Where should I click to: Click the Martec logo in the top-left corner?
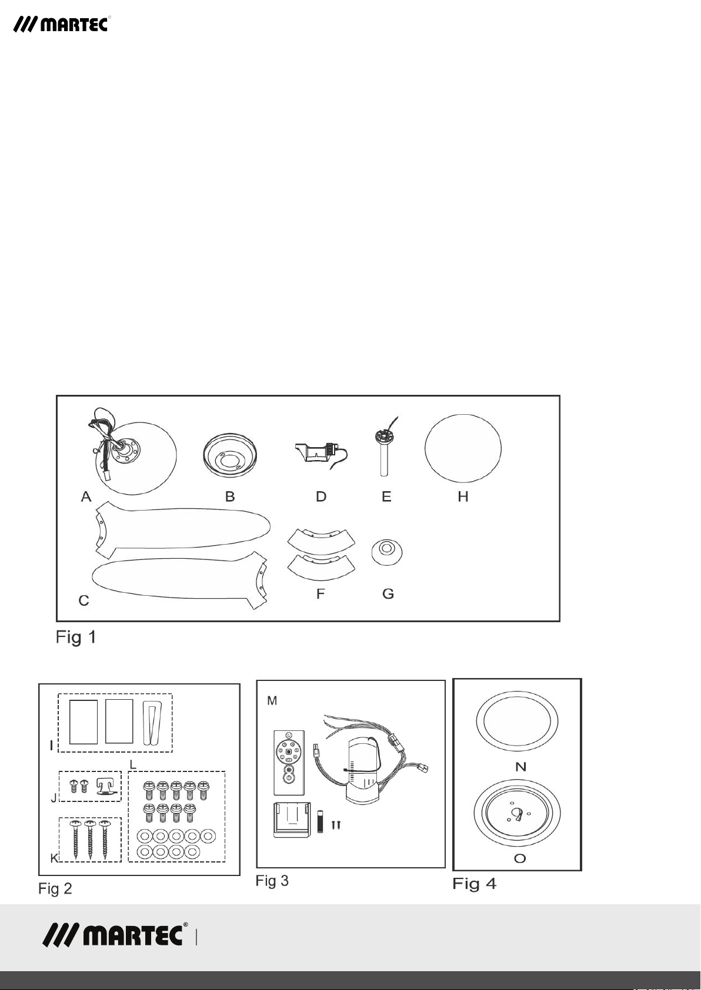pos(61,24)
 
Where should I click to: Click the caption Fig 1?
pos(76,637)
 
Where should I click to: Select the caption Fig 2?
pos(55,888)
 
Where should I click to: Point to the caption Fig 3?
pos(272,881)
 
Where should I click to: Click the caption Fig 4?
pos(474,884)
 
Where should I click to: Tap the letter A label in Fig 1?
pos(86,497)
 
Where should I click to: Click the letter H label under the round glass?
pos(463,497)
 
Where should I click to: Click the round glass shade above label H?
pos(463,448)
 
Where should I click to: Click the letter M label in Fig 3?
pos(272,700)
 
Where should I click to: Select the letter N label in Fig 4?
pos(520,766)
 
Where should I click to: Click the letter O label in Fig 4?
pos(520,858)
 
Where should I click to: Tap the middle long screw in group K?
pos(90,839)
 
